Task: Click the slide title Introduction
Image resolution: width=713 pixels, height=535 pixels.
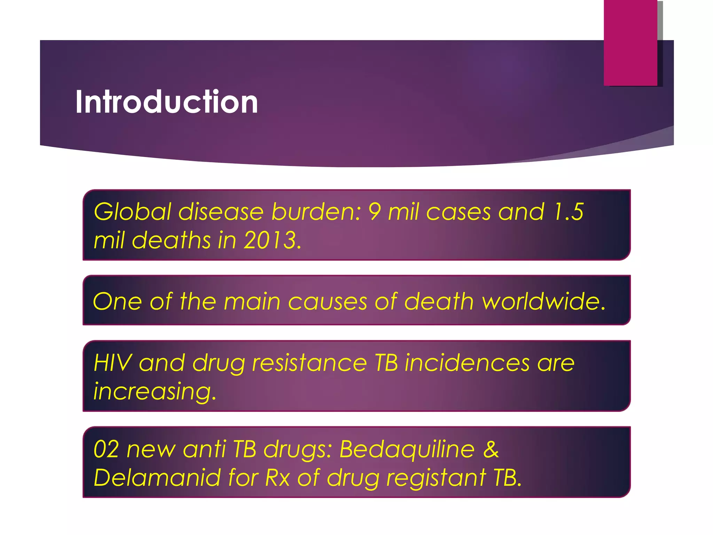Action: click(166, 102)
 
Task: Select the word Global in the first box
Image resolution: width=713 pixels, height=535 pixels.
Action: click(133, 212)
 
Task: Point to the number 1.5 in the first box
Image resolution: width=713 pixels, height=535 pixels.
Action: click(569, 212)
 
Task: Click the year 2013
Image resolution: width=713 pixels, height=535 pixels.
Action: click(271, 240)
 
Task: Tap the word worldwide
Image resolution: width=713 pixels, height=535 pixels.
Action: click(543, 301)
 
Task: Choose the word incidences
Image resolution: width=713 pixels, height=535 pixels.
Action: click(467, 363)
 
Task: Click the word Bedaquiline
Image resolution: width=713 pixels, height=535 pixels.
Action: click(407, 449)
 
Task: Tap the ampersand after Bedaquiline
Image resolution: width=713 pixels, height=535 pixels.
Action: click(491, 449)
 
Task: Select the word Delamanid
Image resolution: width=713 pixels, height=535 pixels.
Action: click(157, 478)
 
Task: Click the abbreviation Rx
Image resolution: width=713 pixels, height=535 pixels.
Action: click(277, 478)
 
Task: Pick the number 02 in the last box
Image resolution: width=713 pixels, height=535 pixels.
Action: click(106, 449)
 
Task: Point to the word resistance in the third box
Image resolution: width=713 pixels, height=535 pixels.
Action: click(310, 363)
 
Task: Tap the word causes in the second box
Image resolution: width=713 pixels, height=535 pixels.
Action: click(327, 301)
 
